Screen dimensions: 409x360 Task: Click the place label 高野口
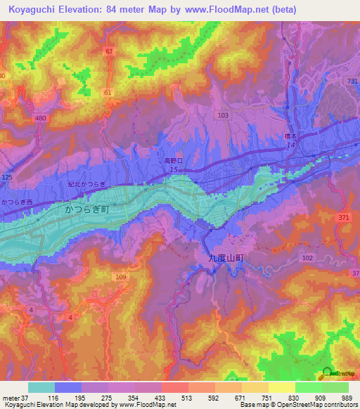coord(174,161)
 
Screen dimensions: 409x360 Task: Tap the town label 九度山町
coord(227,258)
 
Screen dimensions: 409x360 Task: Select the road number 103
coord(224,115)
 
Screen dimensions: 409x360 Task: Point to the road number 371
coord(342,219)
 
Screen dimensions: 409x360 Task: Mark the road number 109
coord(120,278)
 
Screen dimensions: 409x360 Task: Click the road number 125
coord(7,177)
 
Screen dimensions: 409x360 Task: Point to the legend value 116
coord(53,398)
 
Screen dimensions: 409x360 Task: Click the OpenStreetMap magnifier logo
coord(327,372)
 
